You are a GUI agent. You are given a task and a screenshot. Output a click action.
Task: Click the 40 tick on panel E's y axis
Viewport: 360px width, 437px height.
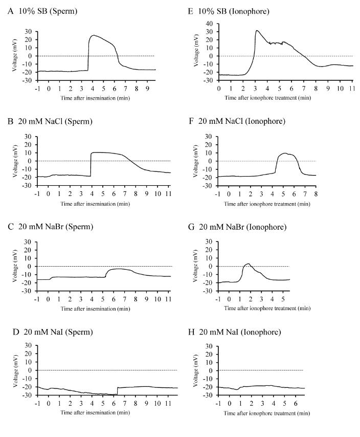(210, 24)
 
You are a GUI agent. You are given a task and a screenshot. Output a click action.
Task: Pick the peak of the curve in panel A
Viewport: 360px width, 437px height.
(93, 35)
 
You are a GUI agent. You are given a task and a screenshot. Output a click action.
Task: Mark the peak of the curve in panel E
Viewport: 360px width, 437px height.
(257, 31)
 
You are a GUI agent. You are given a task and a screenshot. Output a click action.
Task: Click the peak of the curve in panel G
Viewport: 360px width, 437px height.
(249, 264)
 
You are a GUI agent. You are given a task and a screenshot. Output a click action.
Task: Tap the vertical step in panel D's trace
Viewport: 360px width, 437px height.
(118, 391)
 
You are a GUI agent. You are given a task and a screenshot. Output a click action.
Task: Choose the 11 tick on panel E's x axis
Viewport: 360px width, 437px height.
(353, 88)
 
